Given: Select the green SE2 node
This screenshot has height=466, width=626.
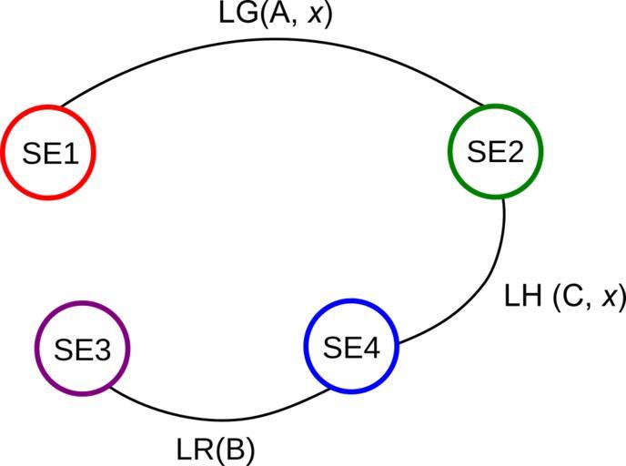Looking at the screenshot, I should pyautogui.click(x=496, y=152).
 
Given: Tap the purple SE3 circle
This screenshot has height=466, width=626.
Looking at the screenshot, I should pyautogui.click(x=82, y=349).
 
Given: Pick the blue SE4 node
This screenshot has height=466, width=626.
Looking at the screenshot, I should pyautogui.click(x=351, y=348).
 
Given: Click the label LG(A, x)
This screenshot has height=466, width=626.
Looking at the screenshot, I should pyautogui.click(x=277, y=15).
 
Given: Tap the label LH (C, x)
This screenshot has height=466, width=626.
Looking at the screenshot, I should pyautogui.click(x=564, y=297).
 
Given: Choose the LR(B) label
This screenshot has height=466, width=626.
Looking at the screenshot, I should pyautogui.click(x=215, y=450).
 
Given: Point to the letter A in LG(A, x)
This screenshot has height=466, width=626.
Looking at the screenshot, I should pyautogui.click(x=276, y=15).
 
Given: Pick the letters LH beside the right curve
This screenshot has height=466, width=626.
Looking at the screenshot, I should pyautogui.click(x=523, y=297).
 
